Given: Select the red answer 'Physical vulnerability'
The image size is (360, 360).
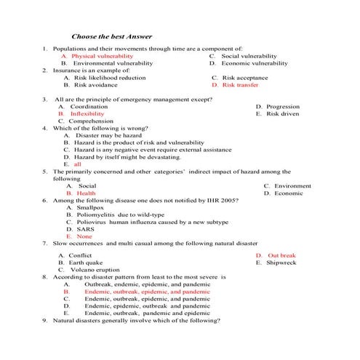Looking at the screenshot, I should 103,55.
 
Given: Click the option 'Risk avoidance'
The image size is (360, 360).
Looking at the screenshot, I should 97,85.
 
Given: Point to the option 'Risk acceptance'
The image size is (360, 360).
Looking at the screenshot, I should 245,78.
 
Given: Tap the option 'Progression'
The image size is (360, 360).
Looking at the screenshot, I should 283,106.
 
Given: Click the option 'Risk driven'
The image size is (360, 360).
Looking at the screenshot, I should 282,113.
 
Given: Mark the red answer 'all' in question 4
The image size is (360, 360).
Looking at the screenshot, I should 77,164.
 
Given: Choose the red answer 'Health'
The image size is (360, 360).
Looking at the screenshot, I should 86,193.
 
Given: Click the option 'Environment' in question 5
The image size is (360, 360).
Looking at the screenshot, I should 292,186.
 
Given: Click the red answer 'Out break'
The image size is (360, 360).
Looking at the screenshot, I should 281,256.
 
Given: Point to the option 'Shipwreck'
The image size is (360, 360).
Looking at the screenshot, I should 281,263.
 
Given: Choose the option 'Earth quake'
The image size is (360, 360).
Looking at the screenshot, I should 86,263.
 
